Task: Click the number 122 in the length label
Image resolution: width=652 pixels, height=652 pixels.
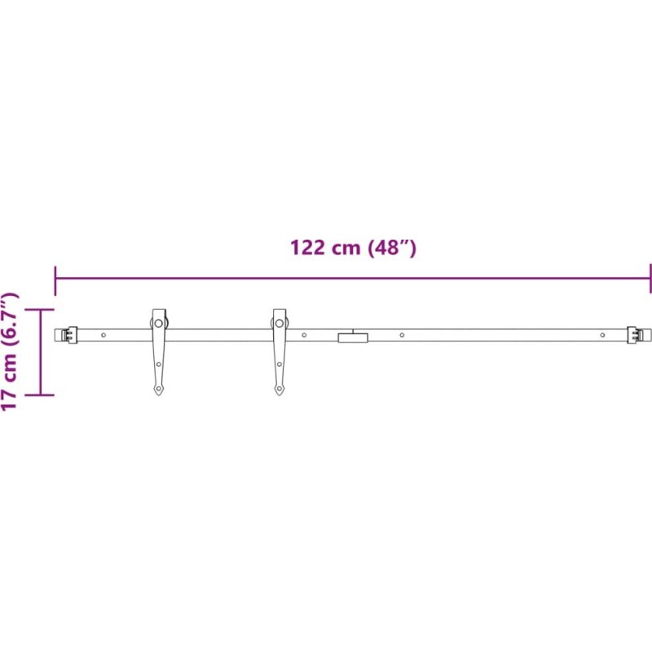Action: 307,248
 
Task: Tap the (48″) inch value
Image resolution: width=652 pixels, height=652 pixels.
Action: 392,248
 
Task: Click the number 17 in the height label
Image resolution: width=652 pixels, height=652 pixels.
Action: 9,399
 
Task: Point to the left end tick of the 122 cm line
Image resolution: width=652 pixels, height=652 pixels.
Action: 55,280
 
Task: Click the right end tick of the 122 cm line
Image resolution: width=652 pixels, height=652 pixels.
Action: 650,278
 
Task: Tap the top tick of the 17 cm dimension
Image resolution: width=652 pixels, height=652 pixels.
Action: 40,310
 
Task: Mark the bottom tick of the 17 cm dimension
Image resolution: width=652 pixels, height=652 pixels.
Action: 40,394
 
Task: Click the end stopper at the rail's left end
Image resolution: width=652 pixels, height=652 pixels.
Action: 69,335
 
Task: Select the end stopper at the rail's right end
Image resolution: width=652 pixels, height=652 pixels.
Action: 635,335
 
